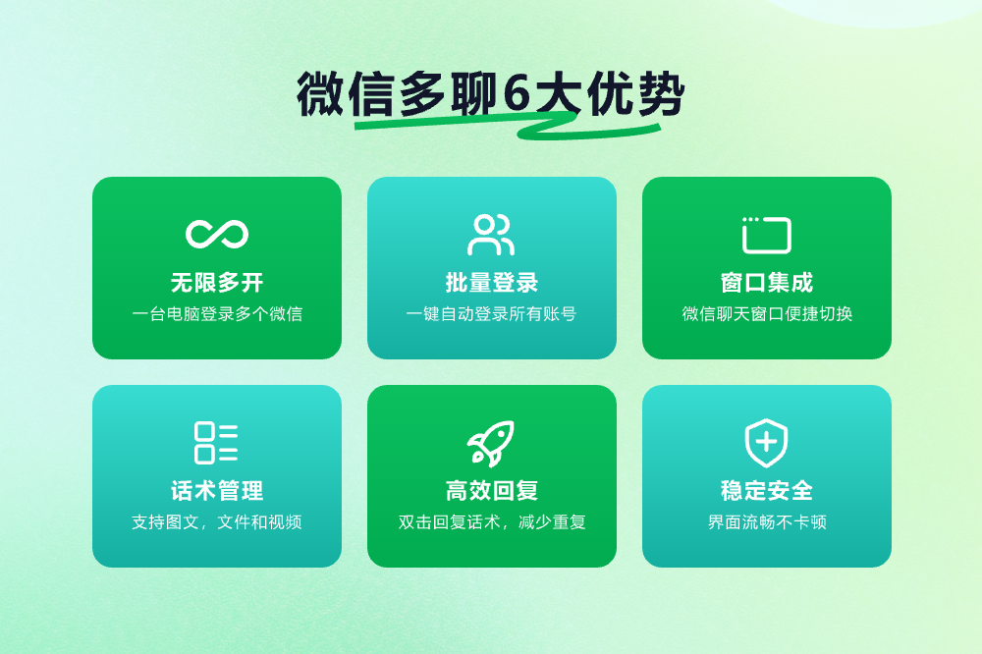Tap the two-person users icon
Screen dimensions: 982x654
point(491,235)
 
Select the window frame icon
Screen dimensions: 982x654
point(767,235)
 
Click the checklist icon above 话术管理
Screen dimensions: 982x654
point(216,443)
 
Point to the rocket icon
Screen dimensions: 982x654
point(492,444)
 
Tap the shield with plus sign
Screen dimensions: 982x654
point(767,443)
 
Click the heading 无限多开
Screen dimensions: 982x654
point(217,283)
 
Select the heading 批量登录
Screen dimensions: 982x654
point(492,283)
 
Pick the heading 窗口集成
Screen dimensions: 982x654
point(767,283)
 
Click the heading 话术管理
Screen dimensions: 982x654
point(217,491)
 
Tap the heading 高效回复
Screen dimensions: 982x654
point(492,491)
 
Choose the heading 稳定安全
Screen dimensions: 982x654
point(767,491)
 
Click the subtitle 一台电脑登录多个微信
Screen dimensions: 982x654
point(217,314)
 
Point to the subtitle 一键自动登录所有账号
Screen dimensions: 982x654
point(492,314)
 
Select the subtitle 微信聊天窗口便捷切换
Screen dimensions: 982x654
point(767,314)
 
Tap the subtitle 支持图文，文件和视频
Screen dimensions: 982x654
point(217,521)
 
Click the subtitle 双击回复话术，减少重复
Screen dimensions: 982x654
point(492,521)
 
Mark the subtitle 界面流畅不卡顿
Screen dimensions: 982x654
point(767,521)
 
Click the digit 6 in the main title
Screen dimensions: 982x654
point(518,94)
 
